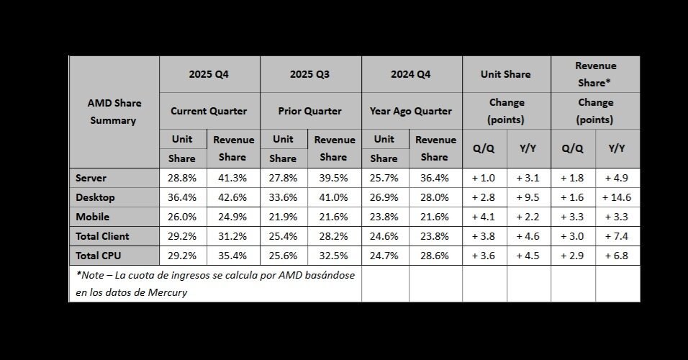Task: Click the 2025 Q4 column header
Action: (209, 74)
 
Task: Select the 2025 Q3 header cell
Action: (309, 74)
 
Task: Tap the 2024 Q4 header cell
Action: (411, 74)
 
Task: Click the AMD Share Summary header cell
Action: (114, 112)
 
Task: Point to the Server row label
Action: (91, 178)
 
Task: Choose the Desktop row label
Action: (95, 197)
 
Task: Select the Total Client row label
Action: (102, 236)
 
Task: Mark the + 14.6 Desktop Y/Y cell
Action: (617, 197)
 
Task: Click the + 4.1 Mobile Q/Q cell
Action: (484, 217)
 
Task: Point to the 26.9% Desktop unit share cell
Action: (384, 197)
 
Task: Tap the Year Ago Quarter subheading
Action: (411, 111)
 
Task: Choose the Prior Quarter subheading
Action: (309, 111)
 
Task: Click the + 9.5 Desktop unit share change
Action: (528, 197)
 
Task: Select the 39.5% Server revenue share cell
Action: (333, 178)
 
